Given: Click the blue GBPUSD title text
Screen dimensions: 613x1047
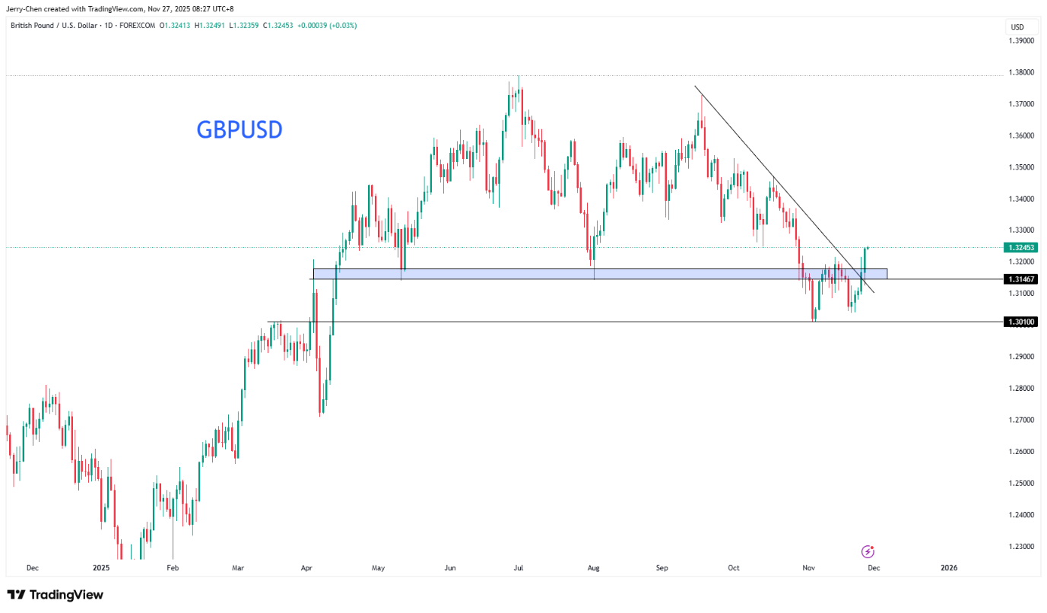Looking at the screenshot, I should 240,130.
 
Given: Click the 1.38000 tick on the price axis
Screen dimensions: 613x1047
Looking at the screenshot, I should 1021,72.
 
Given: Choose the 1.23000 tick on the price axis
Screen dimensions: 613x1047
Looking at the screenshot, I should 1021,546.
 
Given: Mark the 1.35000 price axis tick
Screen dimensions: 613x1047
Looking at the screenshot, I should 1021,167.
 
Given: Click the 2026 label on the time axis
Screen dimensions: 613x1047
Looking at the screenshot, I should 949,567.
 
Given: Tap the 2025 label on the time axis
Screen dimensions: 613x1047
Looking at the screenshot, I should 101,567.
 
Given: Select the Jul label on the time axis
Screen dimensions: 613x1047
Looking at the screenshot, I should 519,567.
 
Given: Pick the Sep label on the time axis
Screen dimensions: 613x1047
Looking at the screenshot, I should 662,567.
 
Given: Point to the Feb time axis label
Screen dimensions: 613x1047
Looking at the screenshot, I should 173,567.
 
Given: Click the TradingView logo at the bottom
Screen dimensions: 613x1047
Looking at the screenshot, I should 55,595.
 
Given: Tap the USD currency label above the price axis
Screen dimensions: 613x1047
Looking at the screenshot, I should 1017,27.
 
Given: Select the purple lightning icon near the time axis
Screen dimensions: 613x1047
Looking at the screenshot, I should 868,551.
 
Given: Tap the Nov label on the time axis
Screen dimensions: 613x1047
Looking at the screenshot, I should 807,567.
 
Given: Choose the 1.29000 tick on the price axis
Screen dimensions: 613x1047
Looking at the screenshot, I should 1021,356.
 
